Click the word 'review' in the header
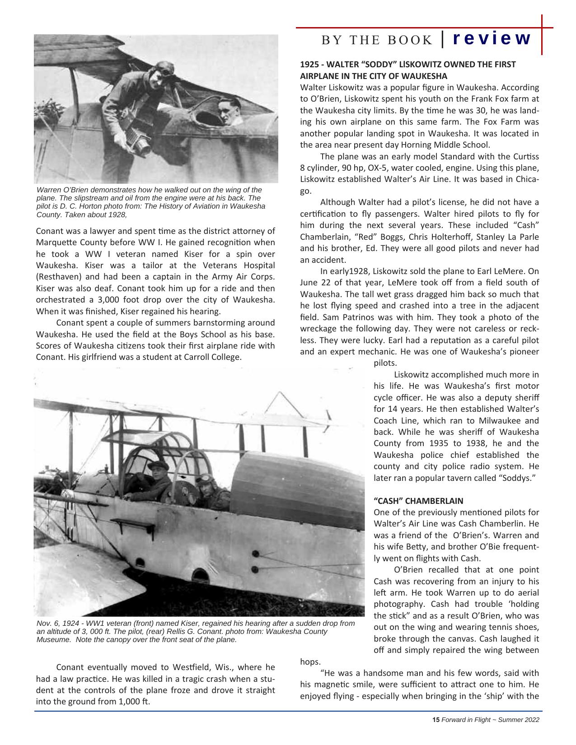point(491,38)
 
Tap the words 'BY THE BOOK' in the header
point(377,40)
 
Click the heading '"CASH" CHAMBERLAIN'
point(418,501)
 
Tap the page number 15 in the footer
point(436,720)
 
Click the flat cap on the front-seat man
point(158,465)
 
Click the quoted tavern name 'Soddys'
point(519,478)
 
